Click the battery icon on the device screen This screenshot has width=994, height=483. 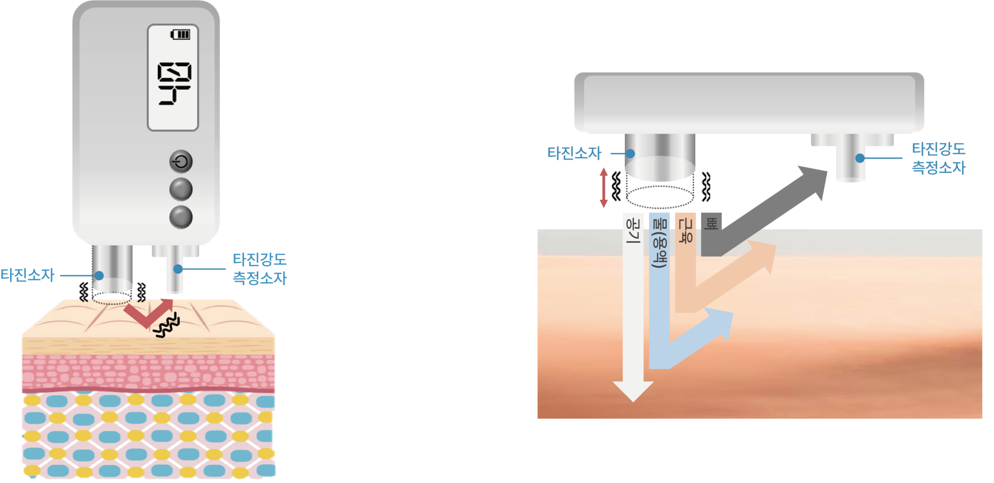coord(181,35)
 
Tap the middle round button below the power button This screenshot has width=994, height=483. coord(181,189)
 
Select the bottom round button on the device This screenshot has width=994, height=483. coord(181,217)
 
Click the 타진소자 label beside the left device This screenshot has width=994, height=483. coord(28,275)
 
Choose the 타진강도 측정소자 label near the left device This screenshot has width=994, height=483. coord(259,269)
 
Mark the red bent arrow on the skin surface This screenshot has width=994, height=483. coord(148,312)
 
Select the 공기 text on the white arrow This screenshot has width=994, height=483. coord(633,231)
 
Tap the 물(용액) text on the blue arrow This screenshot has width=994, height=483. coord(659,243)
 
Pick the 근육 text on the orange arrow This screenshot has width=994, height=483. coord(684,231)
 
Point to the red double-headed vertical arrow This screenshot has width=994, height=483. coord(604,187)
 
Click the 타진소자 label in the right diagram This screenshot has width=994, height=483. coord(574,153)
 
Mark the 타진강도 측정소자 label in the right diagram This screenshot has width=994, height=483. coord(939,158)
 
